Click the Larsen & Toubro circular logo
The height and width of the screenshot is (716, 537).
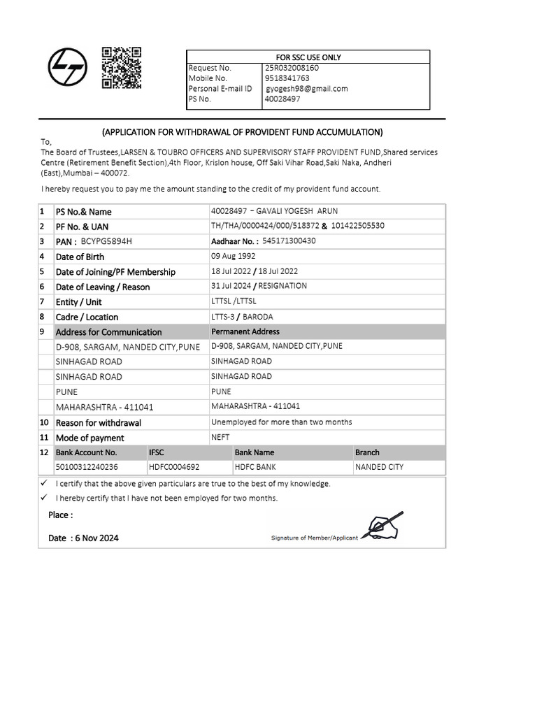[68, 68]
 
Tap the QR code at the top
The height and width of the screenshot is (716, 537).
[122, 68]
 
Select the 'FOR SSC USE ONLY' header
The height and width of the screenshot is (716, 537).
[308, 57]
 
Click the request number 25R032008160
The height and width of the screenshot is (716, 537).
[292, 68]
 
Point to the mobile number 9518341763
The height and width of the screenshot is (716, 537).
[287, 78]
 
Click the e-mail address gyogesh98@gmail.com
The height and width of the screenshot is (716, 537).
[306, 89]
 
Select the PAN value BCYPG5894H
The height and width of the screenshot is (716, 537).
[106, 242]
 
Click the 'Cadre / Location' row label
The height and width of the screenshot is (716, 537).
[87, 317]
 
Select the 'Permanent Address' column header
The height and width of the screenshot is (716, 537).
[245, 331]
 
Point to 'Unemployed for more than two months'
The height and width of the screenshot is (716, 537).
[281, 422]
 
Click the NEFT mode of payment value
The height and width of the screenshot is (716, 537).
[220, 437]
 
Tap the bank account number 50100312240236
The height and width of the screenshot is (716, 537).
[87, 467]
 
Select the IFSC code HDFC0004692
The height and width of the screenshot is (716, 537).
[174, 467]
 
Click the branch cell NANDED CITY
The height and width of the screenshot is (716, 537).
[379, 467]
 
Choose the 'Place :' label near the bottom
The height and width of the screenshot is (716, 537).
[60, 515]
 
